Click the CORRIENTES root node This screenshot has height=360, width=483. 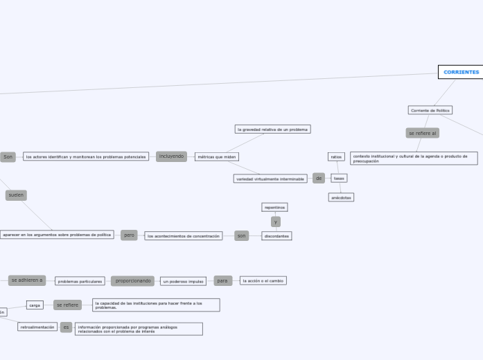click(x=461, y=72)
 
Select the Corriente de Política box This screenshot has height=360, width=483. click(x=430, y=110)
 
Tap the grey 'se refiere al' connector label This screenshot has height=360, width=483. click(x=422, y=133)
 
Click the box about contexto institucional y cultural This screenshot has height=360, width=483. click(x=414, y=159)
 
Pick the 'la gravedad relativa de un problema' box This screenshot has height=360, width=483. click(x=272, y=129)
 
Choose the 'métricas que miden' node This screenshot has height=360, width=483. click(x=216, y=157)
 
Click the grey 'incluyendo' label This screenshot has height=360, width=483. click(x=172, y=156)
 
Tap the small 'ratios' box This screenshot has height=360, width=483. click(x=336, y=157)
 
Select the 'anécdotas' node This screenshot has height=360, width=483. click(x=341, y=197)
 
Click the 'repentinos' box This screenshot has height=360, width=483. click(x=274, y=207)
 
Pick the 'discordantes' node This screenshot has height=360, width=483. click(x=276, y=236)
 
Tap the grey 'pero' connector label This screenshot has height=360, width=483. click(x=129, y=235)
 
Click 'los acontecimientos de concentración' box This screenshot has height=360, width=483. click(x=184, y=236)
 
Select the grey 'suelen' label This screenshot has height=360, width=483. click(x=16, y=195)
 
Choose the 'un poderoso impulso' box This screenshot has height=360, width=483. click(x=184, y=281)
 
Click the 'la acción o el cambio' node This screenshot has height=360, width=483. click(x=263, y=281)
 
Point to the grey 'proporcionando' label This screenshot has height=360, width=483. click(x=133, y=281)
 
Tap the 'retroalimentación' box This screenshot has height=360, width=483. click(x=37, y=327)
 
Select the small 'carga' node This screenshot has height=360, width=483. click(x=35, y=305)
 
